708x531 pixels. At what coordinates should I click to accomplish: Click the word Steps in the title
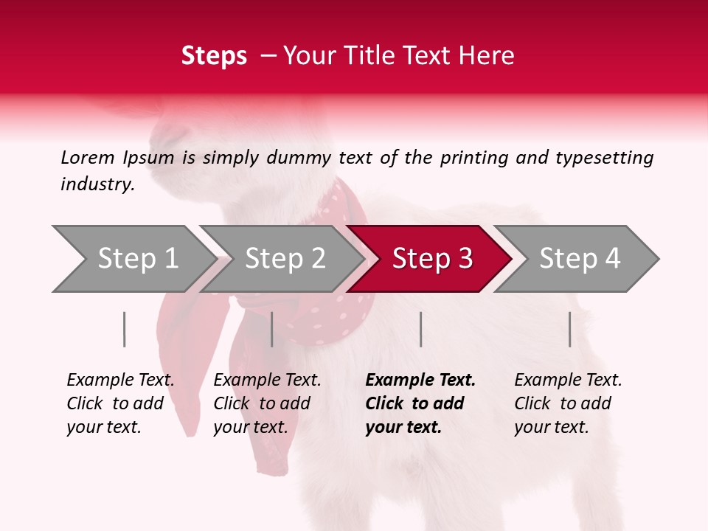pos(214,56)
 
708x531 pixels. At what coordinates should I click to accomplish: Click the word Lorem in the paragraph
pos(88,157)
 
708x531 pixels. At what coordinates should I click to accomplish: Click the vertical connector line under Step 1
pos(125,329)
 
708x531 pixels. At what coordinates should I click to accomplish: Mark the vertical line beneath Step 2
pos(272,329)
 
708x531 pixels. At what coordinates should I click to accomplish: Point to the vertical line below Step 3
pos(420,329)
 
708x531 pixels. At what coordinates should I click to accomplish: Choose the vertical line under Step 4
pos(569,329)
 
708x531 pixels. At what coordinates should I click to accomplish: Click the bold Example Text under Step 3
pos(420,381)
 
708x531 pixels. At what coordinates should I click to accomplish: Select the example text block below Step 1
pos(120,403)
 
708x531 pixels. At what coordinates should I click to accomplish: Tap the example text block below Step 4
pos(568,403)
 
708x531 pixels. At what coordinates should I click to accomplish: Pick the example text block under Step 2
pos(267,403)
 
